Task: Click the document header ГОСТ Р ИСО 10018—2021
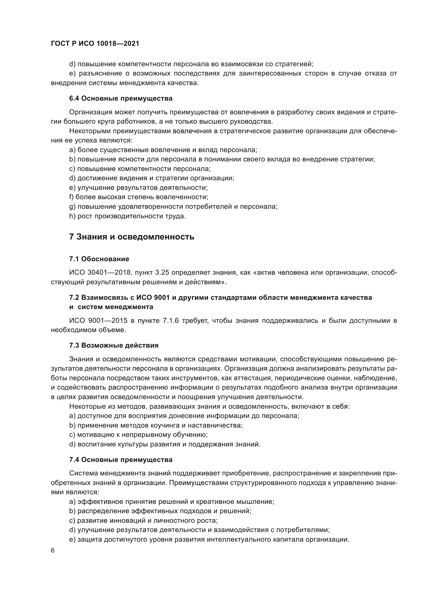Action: click(95, 43)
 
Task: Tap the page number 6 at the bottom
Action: click(53, 550)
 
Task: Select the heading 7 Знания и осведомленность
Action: click(131, 237)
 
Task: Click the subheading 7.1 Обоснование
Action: click(99, 259)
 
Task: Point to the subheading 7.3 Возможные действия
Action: click(114, 346)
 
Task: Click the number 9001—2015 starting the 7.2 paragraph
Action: click(108, 321)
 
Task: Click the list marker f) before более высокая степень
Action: click(71, 197)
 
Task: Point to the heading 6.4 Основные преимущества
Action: click(121, 99)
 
